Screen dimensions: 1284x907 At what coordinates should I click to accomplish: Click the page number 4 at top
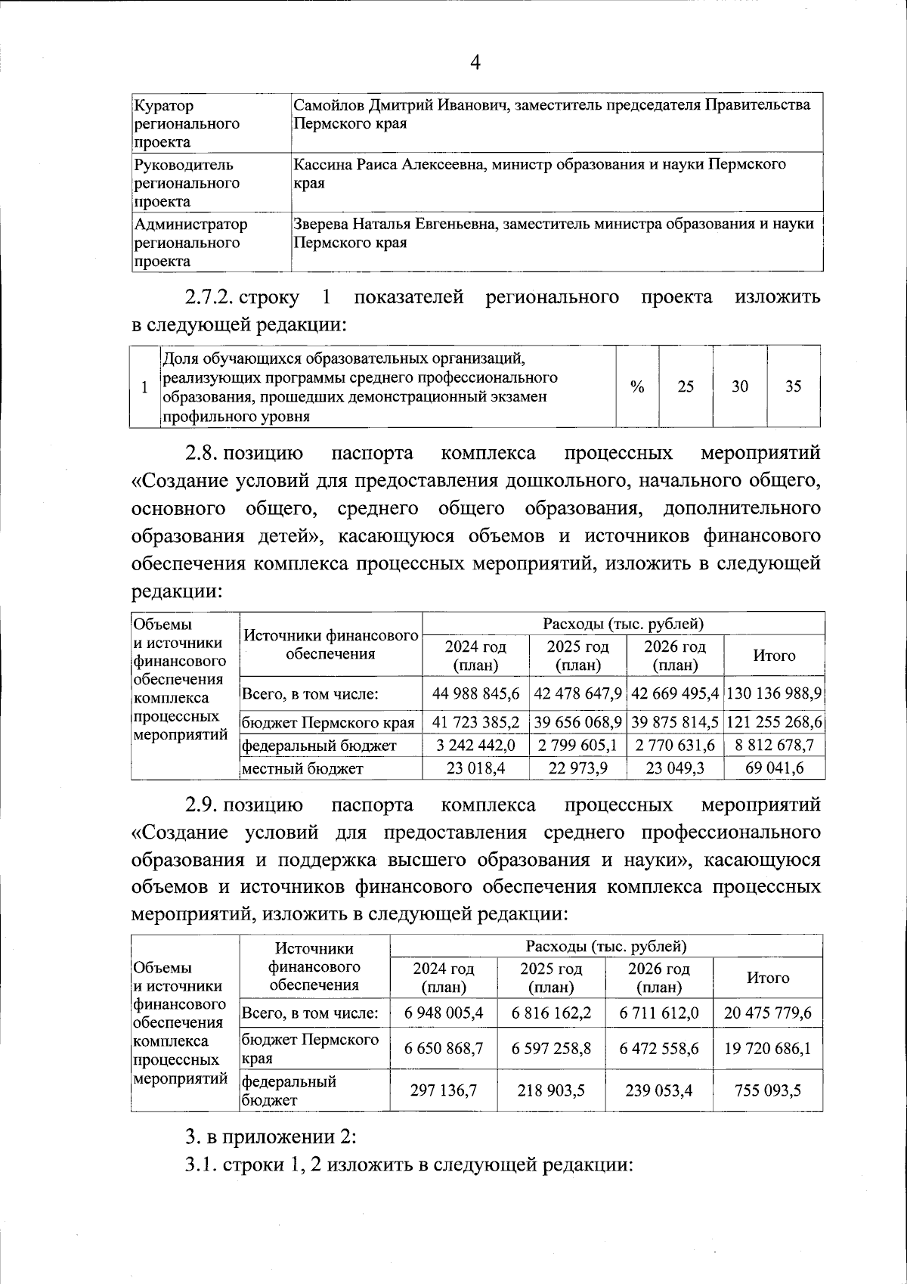(x=475, y=63)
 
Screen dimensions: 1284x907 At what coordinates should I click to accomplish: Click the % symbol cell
(x=637, y=386)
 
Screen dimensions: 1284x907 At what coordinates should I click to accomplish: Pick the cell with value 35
(x=793, y=386)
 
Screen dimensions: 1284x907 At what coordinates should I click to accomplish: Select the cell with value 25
(x=686, y=386)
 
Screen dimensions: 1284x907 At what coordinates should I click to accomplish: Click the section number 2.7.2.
(x=209, y=297)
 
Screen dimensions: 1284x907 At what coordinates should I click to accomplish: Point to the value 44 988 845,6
(x=476, y=693)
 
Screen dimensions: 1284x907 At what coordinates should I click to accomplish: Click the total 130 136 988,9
(x=774, y=693)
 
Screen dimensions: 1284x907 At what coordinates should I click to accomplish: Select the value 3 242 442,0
(x=476, y=746)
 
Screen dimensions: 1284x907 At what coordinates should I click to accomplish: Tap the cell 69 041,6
(x=774, y=768)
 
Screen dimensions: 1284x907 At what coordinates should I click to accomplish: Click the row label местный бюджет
(x=302, y=769)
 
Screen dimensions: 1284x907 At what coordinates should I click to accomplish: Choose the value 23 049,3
(x=674, y=768)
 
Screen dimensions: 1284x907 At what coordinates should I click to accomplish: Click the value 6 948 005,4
(x=444, y=1013)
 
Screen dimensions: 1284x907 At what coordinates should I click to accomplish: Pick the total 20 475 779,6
(x=768, y=1013)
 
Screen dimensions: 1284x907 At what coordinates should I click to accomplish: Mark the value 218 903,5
(x=551, y=1090)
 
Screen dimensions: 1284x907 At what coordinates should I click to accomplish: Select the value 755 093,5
(x=768, y=1090)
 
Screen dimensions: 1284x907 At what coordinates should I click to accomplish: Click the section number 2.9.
(x=202, y=805)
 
